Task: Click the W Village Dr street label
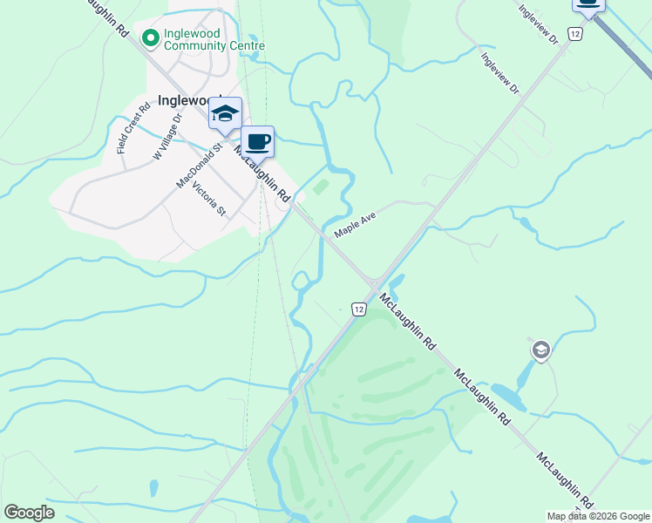tap(167, 139)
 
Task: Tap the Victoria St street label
tap(208, 200)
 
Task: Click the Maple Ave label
tap(354, 225)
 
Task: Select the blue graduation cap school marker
tap(225, 115)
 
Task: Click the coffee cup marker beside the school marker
tap(257, 141)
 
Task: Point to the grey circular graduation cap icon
tap(540, 350)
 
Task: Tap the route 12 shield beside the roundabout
tap(358, 309)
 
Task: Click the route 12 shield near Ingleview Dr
tap(574, 33)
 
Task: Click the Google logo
tap(29, 513)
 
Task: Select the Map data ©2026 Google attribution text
tap(599, 516)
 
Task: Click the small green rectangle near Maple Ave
tap(320, 186)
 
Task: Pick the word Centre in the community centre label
tap(245, 45)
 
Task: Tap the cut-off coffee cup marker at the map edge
tap(588, 5)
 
